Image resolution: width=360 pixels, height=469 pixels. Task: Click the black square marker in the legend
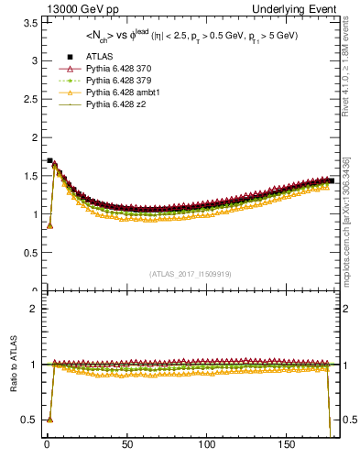click(70, 58)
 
